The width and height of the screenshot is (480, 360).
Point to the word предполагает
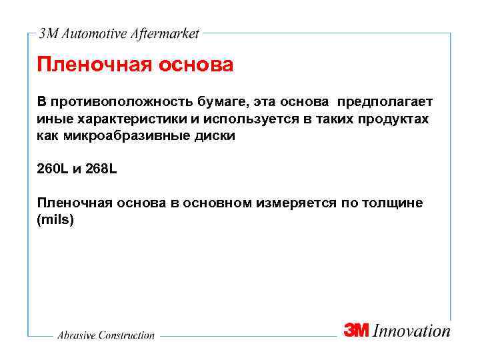pos(385,102)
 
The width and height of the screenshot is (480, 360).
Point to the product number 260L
pos(54,169)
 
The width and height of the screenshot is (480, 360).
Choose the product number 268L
pos(99,169)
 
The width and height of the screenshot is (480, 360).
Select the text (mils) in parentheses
pos(55,219)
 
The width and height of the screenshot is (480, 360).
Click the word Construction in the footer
pos(126,335)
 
